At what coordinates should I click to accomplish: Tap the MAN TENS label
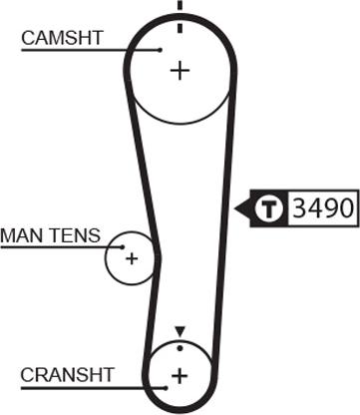tap(50, 235)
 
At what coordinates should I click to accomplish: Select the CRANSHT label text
tap(68, 374)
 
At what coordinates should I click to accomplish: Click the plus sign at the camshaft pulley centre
tap(180, 71)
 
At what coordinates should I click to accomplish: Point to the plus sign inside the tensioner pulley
tap(131, 258)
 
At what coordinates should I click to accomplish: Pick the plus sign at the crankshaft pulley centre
tap(180, 375)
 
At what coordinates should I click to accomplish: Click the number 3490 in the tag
tap(322, 209)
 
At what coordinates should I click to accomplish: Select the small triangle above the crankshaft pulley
tap(180, 331)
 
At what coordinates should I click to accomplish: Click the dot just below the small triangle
tap(180, 347)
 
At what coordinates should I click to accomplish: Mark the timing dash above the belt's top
tap(180, 6)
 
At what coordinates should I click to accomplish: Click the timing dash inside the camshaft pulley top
tap(180, 27)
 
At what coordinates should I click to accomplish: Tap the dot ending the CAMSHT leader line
tap(160, 49)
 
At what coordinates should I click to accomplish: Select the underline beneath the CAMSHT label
tap(90, 49)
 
